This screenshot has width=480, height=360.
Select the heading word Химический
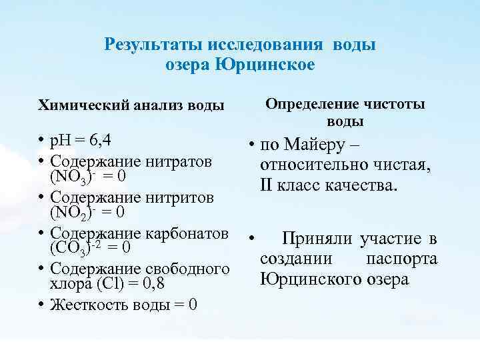81,105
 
